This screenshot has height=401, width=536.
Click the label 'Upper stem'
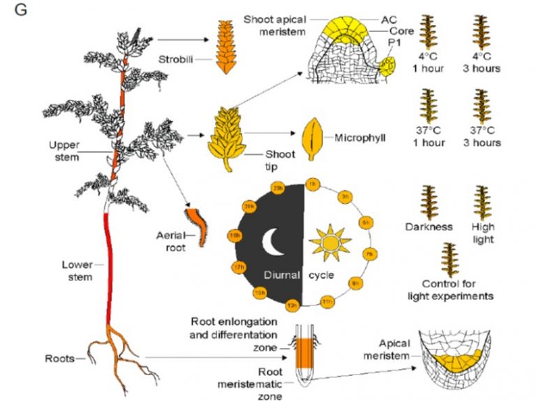[x=64, y=151]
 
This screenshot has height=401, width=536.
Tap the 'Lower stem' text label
[x=77, y=270]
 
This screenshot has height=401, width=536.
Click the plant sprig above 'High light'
[x=483, y=202]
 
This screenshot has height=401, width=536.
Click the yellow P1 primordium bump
[x=387, y=66]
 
